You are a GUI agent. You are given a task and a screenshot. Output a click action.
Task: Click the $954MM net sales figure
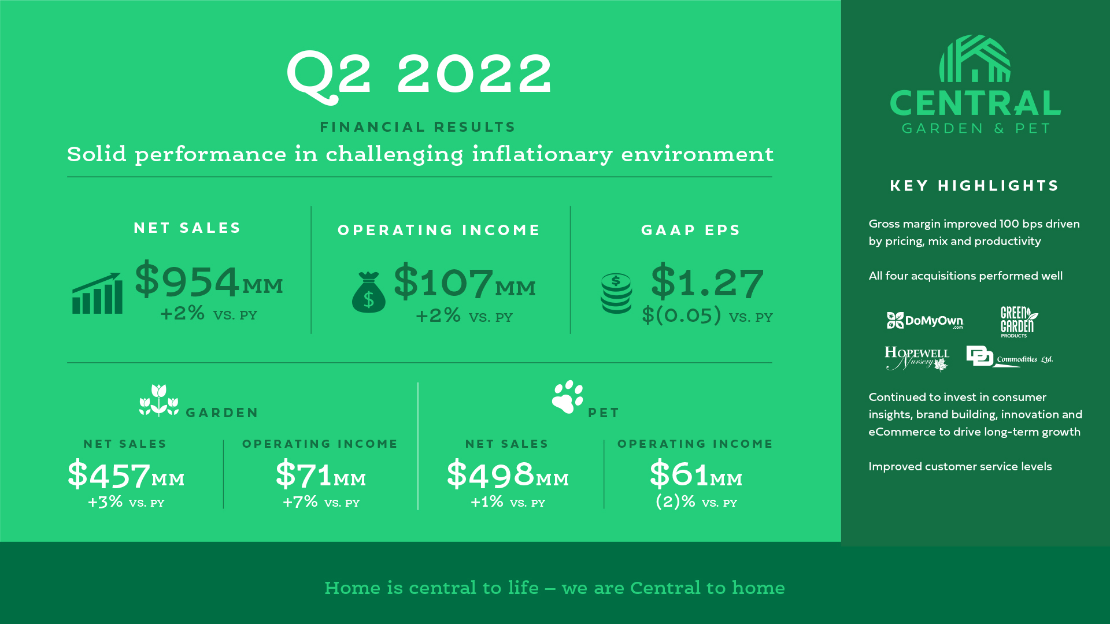(x=209, y=280)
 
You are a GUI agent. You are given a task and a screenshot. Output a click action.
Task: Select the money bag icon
(x=369, y=292)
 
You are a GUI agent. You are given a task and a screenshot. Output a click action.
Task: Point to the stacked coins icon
(x=616, y=294)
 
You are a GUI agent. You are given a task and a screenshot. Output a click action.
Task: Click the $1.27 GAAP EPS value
(x=707, y=281)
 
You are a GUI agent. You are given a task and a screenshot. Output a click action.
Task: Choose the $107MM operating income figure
(x=465, y=281)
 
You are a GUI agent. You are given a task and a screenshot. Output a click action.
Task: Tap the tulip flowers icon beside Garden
(x=159, y=400)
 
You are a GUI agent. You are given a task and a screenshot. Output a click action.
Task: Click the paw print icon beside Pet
(x=568, y=397)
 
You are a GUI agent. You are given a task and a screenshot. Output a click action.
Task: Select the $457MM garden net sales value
(x=126, y=474)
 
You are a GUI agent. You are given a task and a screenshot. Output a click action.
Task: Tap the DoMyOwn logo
(x=925, y=321)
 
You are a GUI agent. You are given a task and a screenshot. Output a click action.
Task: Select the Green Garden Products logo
(x=1019, y=322)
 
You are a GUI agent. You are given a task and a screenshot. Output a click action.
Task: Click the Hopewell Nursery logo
(x=917, y=358)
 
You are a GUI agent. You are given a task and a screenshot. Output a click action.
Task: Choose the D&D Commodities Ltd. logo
(x=1009, y=356)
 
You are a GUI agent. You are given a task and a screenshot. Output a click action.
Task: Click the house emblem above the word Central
(x=975, y=58)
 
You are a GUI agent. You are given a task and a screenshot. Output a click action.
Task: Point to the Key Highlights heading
(x=974, y=185)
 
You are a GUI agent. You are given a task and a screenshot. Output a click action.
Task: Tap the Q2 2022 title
(x=419, y=76)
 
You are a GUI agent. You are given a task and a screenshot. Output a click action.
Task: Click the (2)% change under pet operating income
(x=675, y=501)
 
